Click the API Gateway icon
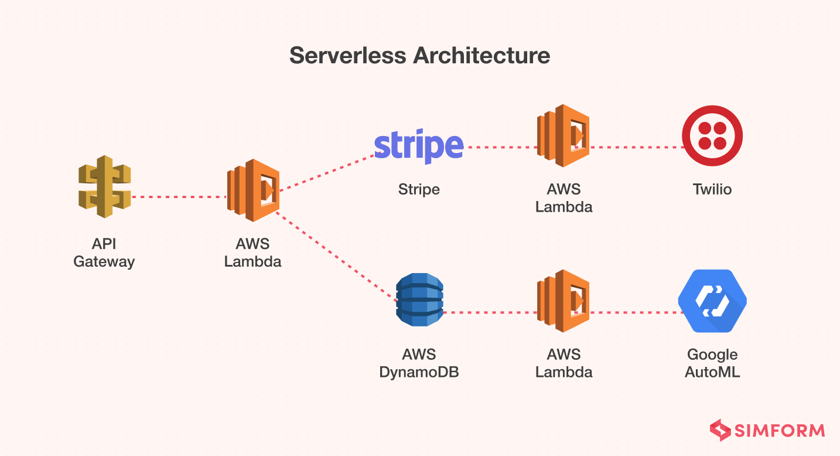pos(104,186)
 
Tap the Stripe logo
pos(418,147)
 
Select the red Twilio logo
pos(712,136)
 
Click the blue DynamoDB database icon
pos(419,300)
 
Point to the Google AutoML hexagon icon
pos(712,301)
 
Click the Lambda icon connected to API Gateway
pos(253,190)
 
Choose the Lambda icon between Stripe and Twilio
pos(563,136)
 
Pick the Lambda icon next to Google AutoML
pos(563,301)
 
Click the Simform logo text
pos(780,431)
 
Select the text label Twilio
pos(712,189)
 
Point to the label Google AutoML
pos(712,363)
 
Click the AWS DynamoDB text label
pos(419,363)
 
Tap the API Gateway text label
pos(104,253)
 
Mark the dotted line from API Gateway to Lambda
pos(179,197)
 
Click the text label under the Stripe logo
pos(419,189)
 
